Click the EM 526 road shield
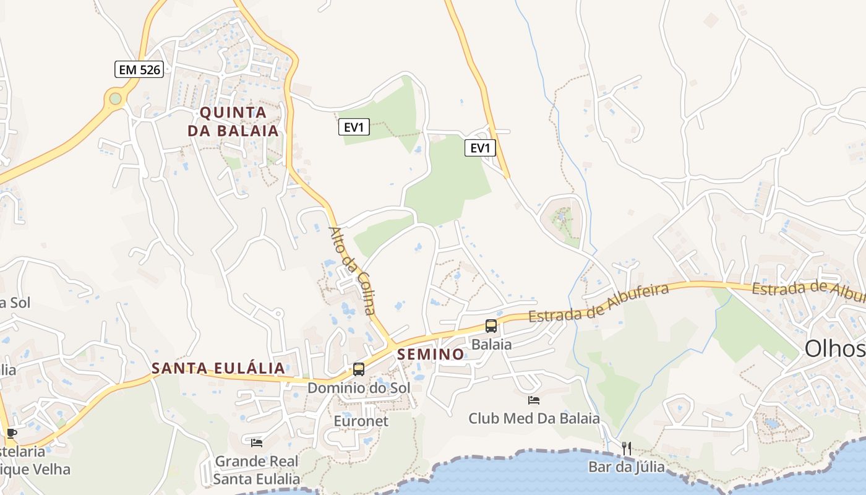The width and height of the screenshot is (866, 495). [139, 69]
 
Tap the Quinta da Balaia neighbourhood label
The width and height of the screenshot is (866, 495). [233, 121]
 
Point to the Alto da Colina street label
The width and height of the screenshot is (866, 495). [352, 270]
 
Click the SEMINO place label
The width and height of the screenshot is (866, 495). [431, 354]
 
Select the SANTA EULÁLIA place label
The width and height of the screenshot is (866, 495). [218, 368]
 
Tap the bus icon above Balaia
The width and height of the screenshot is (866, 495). [491, 325]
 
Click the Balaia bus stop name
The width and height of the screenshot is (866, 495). [491, 344]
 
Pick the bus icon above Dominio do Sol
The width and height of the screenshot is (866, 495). [359, 369]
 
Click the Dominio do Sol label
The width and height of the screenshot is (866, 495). [359, 388]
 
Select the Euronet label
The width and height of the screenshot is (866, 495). [361, 421]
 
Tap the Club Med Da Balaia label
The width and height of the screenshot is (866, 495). [534, 418]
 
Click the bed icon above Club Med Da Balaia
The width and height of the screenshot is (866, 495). [534, 400]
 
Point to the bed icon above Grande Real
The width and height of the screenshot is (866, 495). [257, 442]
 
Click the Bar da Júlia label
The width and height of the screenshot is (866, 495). [626, 467]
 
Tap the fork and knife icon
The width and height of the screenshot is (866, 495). [627, 448]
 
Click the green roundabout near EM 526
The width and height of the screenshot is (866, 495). [115, 98]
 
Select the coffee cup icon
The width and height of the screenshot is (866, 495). [11, 433]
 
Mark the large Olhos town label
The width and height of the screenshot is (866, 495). [835, 349]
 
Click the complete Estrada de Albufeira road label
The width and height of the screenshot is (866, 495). [599, 303]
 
